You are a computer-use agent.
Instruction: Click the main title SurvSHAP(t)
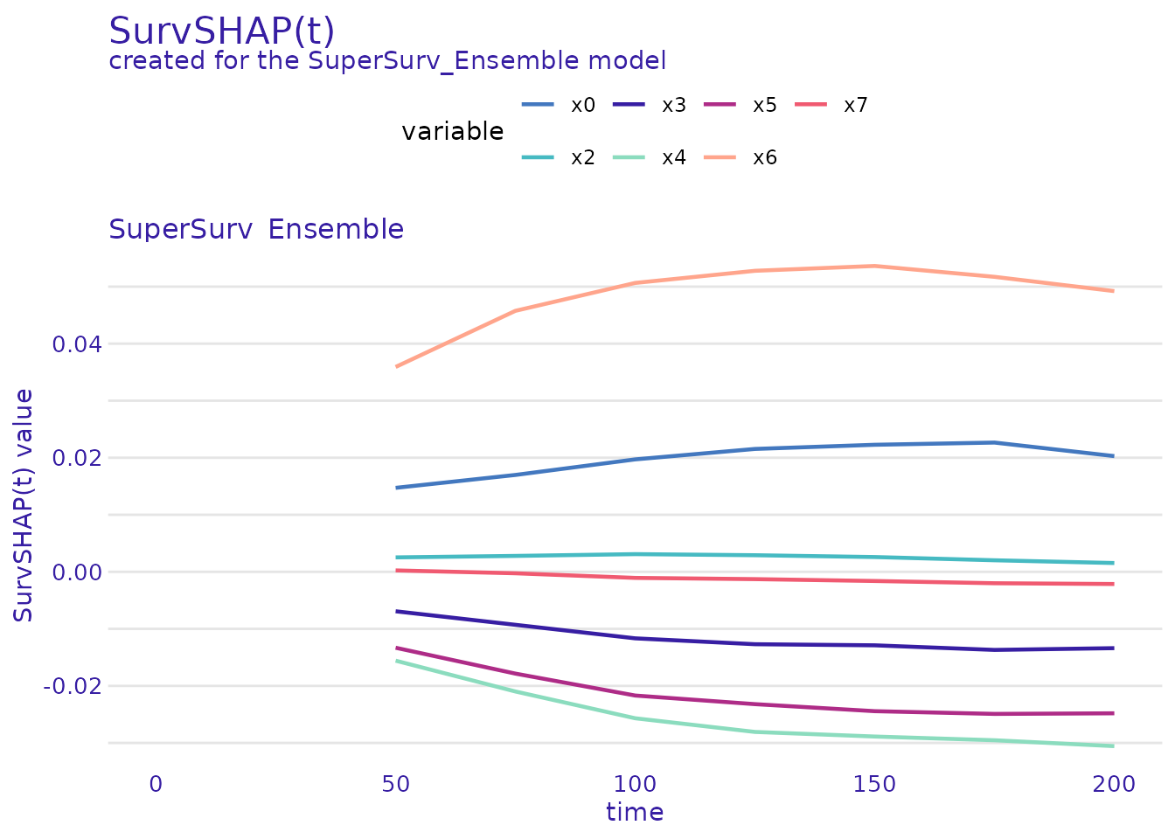(221, 31)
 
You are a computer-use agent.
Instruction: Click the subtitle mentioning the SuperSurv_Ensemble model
(386, 61)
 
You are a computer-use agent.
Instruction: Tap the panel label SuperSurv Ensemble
(255, 230)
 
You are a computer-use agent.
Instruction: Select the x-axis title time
(635, 813)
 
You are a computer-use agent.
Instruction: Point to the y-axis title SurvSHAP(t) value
(24, 505)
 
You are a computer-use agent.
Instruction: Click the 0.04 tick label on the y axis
(76, 344)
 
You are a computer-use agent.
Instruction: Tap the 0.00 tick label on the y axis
(76, 572)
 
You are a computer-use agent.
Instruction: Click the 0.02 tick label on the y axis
(76, 458)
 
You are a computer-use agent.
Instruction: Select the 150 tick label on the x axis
(874, 785)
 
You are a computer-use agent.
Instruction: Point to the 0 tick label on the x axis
(156, 785)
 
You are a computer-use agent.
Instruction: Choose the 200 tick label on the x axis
(1114, 785)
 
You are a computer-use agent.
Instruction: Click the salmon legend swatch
(720, 157)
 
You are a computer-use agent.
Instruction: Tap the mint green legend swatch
(629, 157)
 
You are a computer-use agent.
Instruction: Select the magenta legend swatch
(720, 105)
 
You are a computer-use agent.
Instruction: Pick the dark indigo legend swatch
(629, 105)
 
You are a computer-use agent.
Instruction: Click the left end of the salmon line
(397, 366)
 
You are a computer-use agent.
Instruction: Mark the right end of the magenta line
(1113, 713)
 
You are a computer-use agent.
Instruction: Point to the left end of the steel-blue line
(397, 488)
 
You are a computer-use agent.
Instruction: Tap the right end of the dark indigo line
(1113, 648)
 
